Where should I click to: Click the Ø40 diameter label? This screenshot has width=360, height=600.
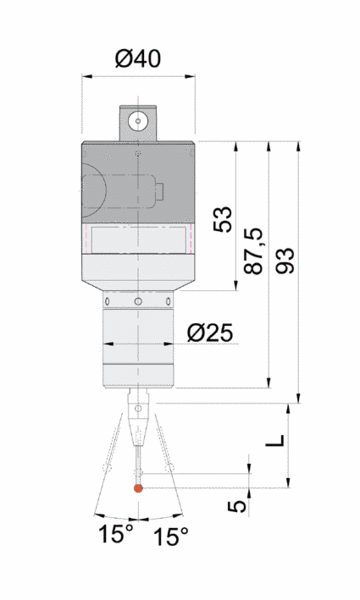138,59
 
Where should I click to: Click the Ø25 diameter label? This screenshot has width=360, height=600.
210,333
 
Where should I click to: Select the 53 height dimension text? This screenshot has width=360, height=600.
223,219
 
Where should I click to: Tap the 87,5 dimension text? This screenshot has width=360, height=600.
254,251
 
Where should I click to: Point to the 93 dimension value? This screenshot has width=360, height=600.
285,261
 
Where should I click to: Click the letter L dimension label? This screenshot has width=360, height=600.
275,440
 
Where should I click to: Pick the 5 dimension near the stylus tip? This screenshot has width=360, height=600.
237,506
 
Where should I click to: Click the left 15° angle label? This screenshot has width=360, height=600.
116,534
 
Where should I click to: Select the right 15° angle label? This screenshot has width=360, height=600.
171,536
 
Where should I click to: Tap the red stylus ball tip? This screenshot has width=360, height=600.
138,488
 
